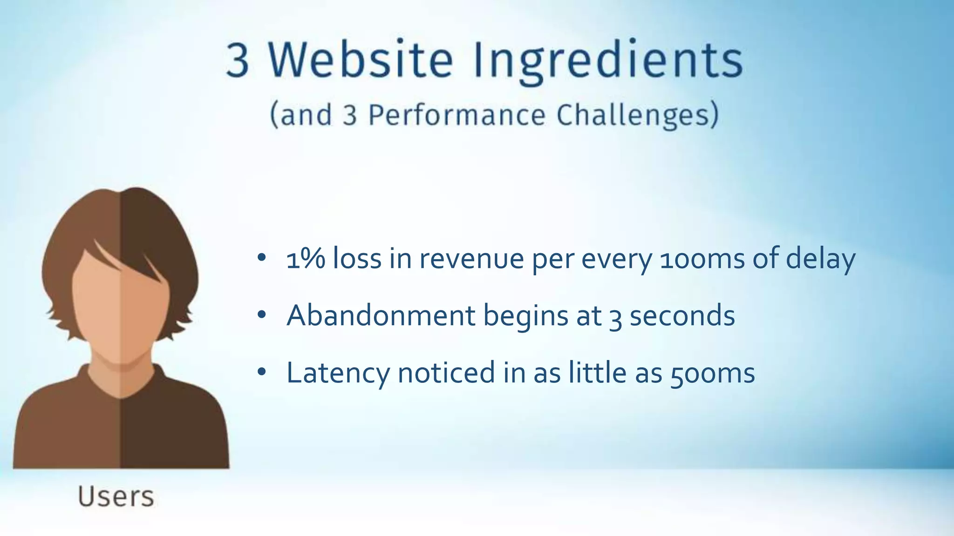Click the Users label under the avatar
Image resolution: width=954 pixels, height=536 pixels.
coord(116,496)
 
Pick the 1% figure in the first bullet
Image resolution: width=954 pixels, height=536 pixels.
coord(306,259)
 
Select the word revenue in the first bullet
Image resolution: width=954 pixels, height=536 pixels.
coord(471,259)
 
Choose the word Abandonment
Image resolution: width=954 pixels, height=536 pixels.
coord(381,315)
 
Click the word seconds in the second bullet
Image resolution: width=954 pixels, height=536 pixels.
coord(682,316)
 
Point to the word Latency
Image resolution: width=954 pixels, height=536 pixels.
coord(338,373)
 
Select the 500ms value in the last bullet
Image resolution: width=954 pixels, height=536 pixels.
coord(713,374)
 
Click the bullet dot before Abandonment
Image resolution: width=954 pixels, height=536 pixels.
coord(261,315)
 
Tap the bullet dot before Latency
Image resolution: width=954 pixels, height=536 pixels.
coord(261,372)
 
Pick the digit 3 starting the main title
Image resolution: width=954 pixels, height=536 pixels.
coord(238,60)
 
